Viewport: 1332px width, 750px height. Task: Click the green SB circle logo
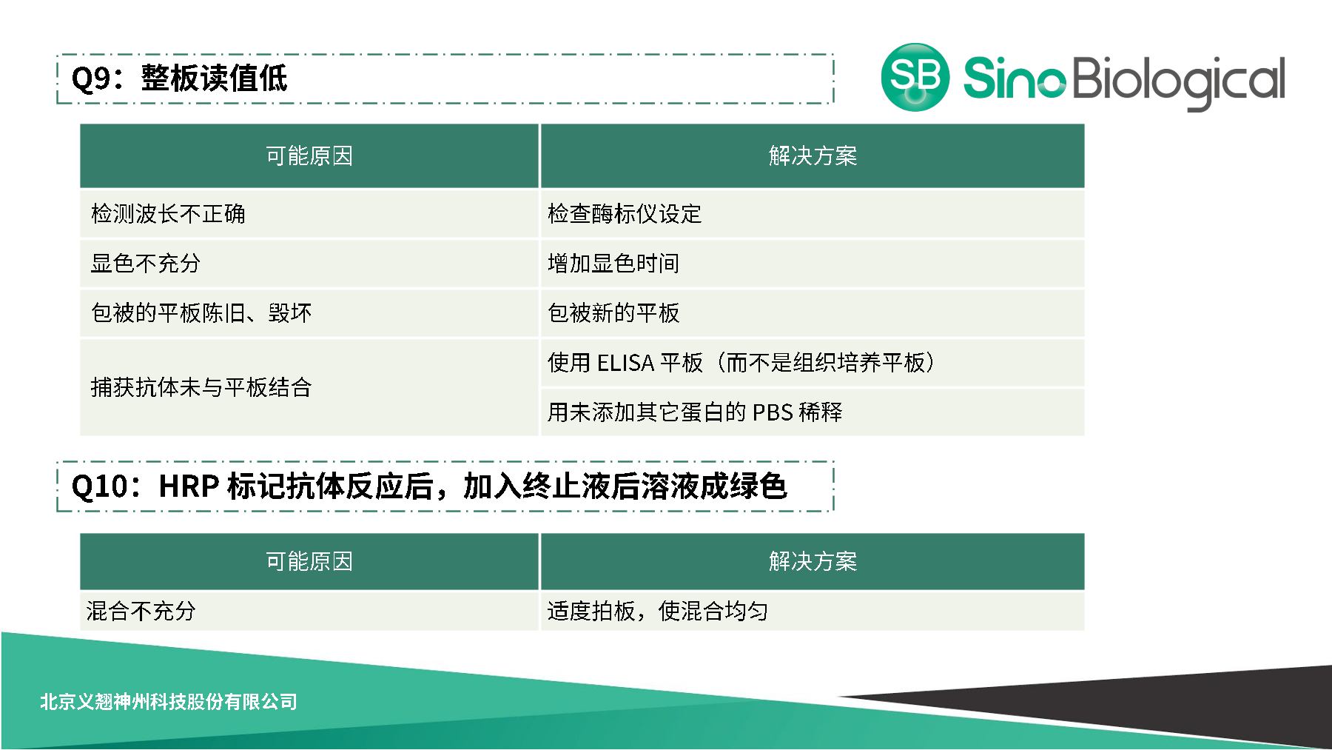(x=915, y=77)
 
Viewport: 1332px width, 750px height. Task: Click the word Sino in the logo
(x=1014, y=78)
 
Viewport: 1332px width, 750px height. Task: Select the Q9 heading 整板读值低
(x=214, y=78)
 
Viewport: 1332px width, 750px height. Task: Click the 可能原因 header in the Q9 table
(x=309, y=156)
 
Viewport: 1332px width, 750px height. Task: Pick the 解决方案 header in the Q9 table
(x=813, y=156)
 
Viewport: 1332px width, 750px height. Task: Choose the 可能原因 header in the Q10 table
(x=309, y=561)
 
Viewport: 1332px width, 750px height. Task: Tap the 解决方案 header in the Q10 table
(x=813, y=561)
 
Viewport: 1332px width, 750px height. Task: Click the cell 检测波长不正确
(x=168, y=214)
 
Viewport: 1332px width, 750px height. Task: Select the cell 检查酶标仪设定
(x=625, y=214)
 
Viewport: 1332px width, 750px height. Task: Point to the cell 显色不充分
(x=146, y=264)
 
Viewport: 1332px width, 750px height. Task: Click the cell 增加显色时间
(x=613, y=264)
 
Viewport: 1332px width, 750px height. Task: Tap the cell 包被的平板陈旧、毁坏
(x=201, y=313)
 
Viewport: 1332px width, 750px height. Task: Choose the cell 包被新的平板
(x=613, y=313)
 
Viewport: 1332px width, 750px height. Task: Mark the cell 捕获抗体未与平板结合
(x=201, y=387)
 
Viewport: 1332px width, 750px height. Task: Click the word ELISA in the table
(x=625, y=363)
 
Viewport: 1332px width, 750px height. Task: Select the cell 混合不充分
(x=141, y=611)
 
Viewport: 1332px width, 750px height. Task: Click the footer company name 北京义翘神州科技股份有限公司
(x=169, y=701)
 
